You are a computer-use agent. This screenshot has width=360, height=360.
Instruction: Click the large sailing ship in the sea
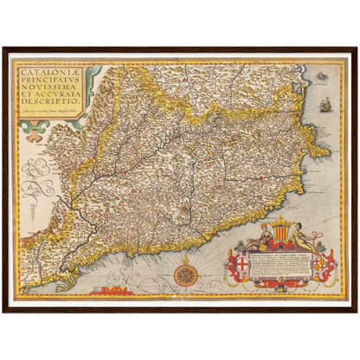325,105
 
